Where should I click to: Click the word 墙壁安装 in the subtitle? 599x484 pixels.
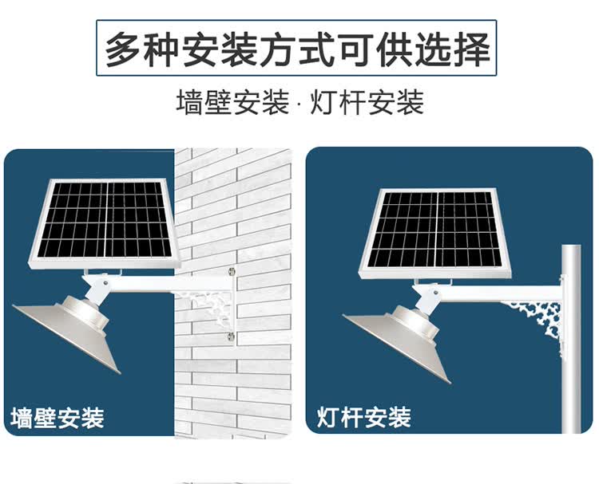[x=232, y=104]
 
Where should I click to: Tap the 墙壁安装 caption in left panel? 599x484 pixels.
[x=58, y=417]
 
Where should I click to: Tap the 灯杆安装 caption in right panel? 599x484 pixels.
[x=363, y=416]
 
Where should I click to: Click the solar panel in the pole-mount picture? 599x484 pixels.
[x=436, y=230]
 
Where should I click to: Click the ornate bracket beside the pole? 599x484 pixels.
[x=537, y=323]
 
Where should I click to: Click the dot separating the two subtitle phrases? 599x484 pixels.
[x=299, y=104]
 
